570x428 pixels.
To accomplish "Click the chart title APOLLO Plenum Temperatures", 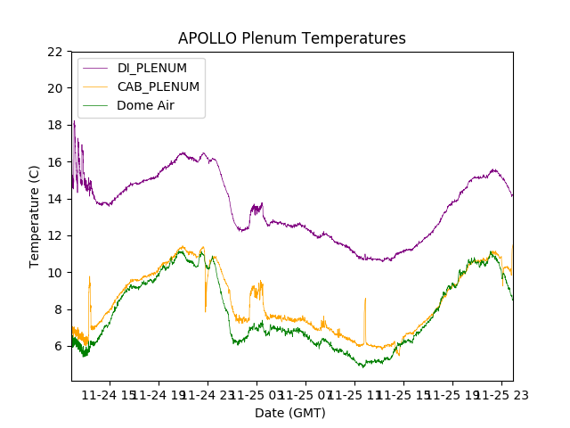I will point(291,38).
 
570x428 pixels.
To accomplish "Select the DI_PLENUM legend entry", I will point(152,68).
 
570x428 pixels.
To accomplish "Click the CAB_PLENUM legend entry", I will point(158,86).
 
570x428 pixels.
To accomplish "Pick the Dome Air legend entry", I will point(145,105).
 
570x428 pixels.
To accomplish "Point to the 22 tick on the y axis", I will point(54,52).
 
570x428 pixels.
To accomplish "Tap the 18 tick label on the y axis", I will point(54,125).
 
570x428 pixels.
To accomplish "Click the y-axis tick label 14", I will point(54,199).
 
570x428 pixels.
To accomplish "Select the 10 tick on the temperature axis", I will point(54,272).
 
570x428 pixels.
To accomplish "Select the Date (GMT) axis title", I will point(290,413).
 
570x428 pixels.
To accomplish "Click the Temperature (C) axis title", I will point(35,217).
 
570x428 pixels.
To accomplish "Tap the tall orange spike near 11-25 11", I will point(365,300).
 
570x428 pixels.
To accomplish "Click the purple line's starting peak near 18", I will point(74,122).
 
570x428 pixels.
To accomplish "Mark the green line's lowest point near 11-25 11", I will point(362,366).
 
